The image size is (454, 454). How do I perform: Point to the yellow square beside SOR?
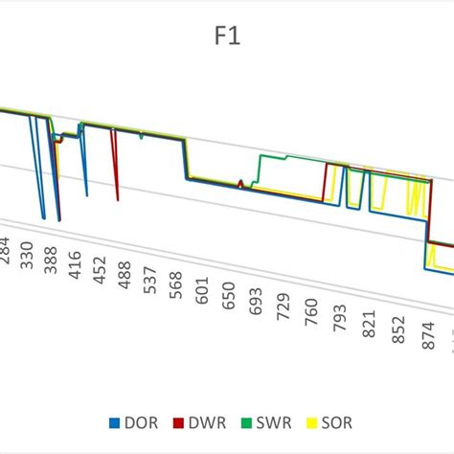[x=319, y=422]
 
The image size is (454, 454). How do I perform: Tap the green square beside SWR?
[x=251, y=422]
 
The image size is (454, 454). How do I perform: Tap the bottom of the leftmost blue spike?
[x=44, y=218]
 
